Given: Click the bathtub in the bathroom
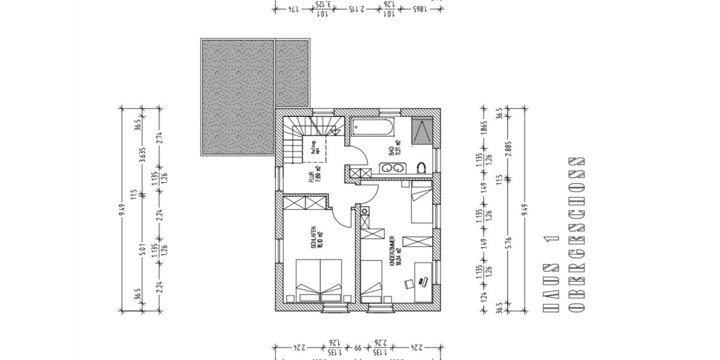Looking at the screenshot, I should coord(372,127).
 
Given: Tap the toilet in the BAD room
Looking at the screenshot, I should coord(422,167).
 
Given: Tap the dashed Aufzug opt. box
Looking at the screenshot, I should coord(314,149).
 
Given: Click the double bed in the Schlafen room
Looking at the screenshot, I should coord(320,280).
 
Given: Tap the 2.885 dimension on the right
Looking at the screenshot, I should coord(509,143).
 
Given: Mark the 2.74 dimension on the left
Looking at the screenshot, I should coord(160,138).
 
